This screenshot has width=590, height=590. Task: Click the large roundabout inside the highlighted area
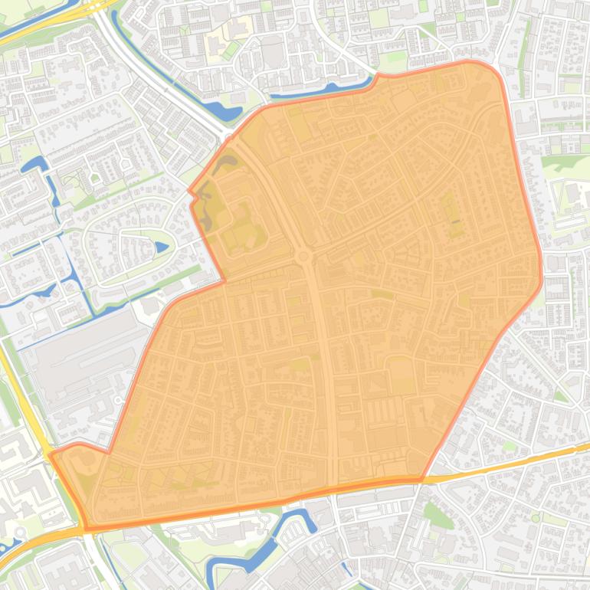[304, 256]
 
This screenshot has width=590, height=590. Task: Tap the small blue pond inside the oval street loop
[162, 247]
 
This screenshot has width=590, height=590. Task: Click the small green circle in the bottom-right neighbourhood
[536, 518]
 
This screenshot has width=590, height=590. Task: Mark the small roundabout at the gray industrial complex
[118, 400]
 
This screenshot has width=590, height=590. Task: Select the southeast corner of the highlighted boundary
[421, 480]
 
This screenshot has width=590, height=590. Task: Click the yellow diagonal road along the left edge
[23, 391]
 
